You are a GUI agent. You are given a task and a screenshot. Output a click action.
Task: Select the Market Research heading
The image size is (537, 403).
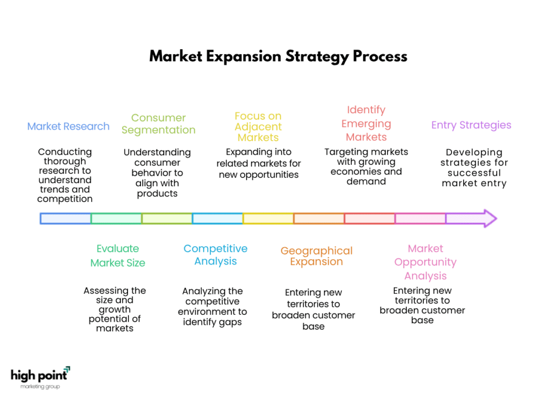point(69,126)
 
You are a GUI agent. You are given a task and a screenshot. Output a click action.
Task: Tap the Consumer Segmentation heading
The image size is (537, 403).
point(158,124)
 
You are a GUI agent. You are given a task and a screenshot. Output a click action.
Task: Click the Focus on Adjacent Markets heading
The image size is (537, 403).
point(258,127)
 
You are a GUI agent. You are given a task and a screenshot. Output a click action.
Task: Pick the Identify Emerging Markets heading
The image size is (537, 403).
point(366,123)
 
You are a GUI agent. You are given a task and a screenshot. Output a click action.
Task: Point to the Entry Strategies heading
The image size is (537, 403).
point(471,125)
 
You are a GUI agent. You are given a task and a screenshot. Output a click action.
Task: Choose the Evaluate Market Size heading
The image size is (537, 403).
point(118,256)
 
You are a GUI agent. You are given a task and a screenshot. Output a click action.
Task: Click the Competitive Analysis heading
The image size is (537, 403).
point(216,254)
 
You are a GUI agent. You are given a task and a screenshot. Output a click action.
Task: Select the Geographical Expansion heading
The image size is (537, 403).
point(316,256)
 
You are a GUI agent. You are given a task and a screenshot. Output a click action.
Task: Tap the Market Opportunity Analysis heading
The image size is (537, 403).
point(425,262)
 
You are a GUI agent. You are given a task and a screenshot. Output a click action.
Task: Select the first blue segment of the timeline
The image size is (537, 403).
point(66,219)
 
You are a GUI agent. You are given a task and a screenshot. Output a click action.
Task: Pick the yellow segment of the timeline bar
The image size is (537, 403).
point(268,219)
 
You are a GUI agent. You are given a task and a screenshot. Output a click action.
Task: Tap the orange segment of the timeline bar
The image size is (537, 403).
point(319,219)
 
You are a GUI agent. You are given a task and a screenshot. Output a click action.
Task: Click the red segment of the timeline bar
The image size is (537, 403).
point(370,219)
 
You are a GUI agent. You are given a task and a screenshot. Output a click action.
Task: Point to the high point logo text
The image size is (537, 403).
point(39,376)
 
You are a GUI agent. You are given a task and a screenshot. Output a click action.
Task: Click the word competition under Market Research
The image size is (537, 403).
point(65,199)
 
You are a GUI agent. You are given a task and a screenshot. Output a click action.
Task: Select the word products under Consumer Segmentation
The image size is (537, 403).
point(157,194)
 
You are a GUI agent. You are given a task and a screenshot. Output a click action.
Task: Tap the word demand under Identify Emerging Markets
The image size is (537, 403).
point(366,181)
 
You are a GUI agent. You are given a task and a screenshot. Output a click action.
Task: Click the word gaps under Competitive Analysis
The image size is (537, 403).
point(231,323)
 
